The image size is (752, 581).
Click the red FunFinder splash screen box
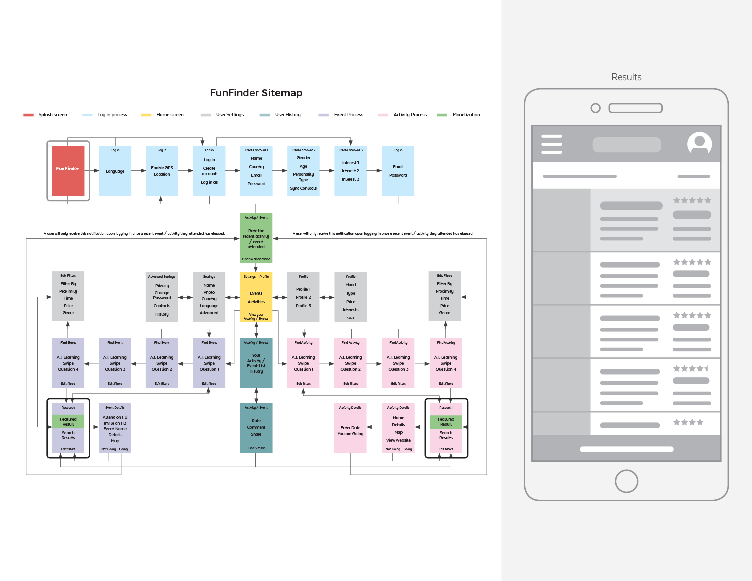tap(68, 170)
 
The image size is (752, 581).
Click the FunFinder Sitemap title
tap(256, 93)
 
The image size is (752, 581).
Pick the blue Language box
tap(115, 171)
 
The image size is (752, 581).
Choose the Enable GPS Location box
tap(162, 171)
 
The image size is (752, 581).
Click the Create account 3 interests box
tap(351, 171)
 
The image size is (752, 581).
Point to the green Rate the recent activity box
tap(256, 238)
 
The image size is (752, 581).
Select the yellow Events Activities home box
tap(256, 297)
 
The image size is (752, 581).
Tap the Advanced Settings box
tap(162, 297)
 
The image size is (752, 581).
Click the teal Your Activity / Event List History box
tap(256, 363)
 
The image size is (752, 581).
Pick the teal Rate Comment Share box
tap(256, 428)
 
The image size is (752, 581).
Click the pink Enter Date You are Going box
tap(350, 428)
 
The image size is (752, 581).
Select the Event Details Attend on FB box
tap(115, 428)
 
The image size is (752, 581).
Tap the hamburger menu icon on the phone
tap(552, 144)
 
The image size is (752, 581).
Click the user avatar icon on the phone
tap(699, 144)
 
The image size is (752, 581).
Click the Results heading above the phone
tap(626, 77)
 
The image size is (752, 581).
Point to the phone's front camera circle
tap(596, 108)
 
